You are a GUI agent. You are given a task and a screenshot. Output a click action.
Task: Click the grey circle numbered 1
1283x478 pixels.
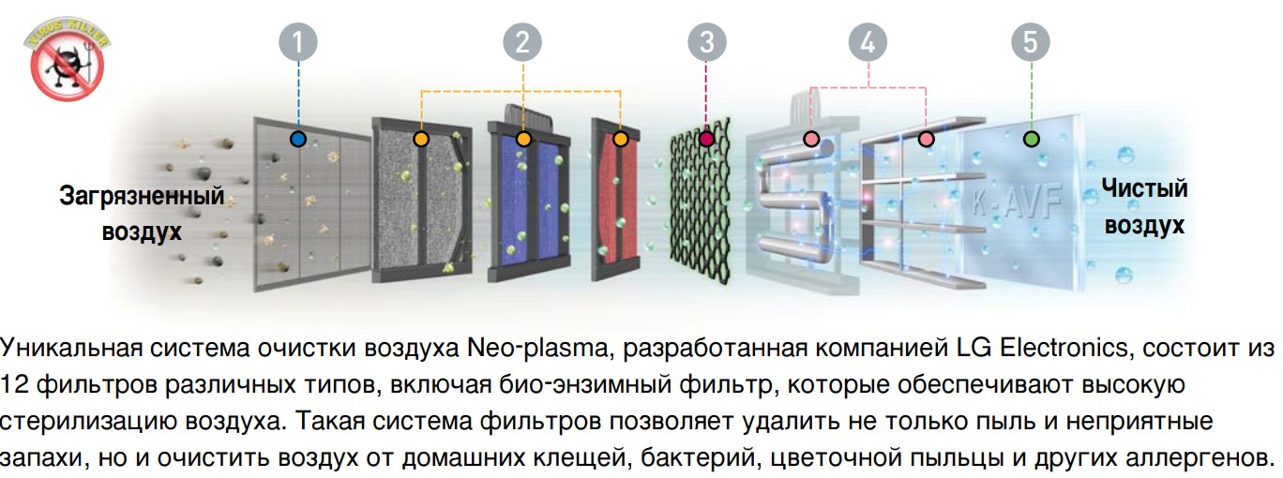pyautogui.click(x=298, y=43)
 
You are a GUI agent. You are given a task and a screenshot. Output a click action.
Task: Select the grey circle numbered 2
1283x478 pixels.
pyautogui.click(x=522, y=43)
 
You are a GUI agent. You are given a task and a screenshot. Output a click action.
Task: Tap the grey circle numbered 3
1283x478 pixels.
pyautogui.click(x=706, y=43)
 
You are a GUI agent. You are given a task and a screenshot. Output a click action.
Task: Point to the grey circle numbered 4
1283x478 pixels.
pyautogui.click(x=868, y=43)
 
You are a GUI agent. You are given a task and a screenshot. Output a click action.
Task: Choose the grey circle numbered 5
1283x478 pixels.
pyautogui.click(x=1031, y=43)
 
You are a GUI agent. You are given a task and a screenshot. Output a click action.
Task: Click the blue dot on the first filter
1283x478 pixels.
pyautogui.click(x=298, y=139)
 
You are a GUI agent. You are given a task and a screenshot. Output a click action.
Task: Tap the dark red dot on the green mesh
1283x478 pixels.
pyautogui.click(x=706, y=139)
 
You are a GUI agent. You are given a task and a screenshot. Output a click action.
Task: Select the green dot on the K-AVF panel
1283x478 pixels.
pyautogui.click(x=1031, y=139)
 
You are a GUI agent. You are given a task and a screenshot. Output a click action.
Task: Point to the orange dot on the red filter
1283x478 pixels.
pyautogui.click(x=620, y=139)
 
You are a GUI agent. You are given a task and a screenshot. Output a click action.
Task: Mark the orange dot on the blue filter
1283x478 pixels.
pyautogui.click(x=523, y=139)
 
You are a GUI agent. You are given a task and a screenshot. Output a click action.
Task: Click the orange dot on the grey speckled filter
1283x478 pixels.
pyautogui.click(x=421, y=139)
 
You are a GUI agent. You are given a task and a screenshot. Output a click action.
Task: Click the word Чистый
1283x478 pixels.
pyautogui.click(x=1144, y=188)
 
